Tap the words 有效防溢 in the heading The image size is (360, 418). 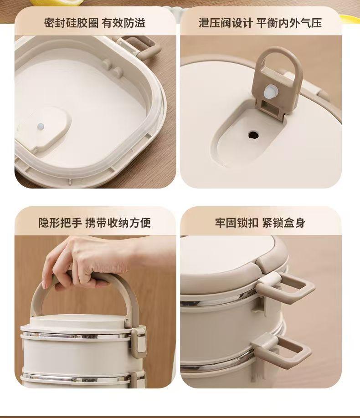click(x=123, y=23)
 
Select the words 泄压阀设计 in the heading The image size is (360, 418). click(x=226, y=23)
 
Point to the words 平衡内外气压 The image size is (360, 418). click(x=289, y=23)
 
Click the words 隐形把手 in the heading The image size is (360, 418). click(x=60, y=223)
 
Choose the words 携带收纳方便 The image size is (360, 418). click(x=118, y=223)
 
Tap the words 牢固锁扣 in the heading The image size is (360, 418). click(x=237, y=223)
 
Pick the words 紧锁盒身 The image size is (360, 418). click(x=283, y=223)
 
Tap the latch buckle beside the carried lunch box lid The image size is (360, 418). click(x=139, y=340)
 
